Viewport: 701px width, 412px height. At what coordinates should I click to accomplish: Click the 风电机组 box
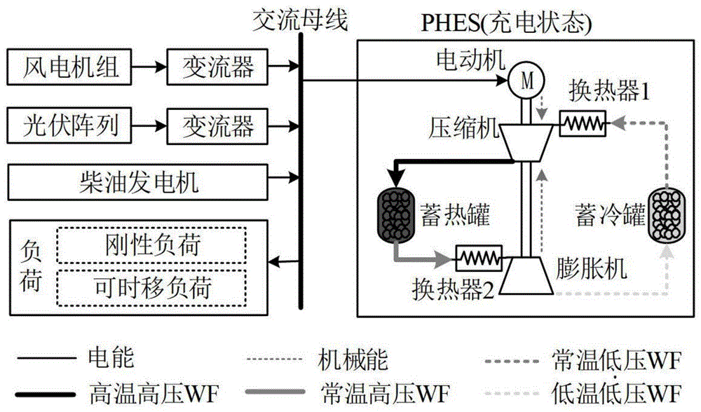69,68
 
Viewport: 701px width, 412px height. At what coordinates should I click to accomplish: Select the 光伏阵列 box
69,126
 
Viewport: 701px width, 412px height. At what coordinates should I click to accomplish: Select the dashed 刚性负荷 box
149,247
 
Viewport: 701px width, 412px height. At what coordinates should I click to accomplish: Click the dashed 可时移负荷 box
149,287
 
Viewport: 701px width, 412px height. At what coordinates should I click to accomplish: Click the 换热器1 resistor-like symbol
582,124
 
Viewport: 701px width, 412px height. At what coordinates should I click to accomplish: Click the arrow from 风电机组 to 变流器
149,68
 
